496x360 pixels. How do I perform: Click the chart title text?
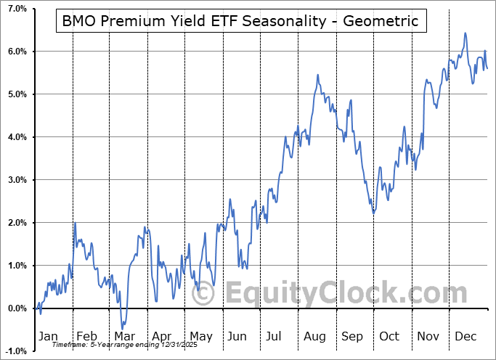(x=241, y=21)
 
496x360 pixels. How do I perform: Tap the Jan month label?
(x=47, y=337)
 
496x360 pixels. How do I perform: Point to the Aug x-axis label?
(x=315, y=337)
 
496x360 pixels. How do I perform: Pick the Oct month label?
(x=389, y=337)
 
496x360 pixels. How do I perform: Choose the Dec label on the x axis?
(x=465, y=337)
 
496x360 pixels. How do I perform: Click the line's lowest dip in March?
(x=123, y=329)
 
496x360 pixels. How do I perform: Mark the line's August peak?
(x=317, y=75)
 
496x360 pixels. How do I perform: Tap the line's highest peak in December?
(x=465, y=33)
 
